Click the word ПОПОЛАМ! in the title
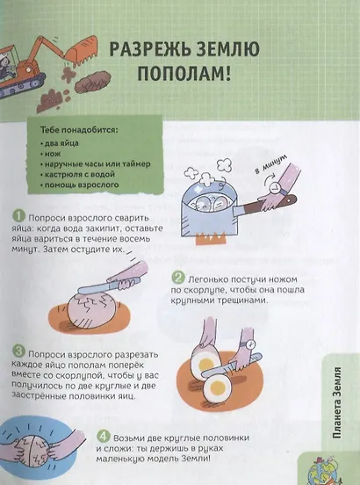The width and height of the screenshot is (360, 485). click(184, 74)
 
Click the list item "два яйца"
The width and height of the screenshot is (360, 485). click(60, 143)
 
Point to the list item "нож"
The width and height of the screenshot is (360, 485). click(50, 154)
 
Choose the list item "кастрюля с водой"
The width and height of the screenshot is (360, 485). click(77, 175)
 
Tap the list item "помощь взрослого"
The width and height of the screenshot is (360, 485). click(79, 185)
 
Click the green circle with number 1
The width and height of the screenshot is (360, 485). click(18, 216)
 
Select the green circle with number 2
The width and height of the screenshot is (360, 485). click(178, 278)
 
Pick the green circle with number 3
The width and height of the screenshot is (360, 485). click(18, 352)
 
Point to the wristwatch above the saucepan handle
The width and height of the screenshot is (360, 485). click(275, 188)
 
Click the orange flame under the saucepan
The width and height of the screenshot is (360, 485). click(209, 237)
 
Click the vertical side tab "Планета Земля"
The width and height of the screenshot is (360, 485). click(338, 402)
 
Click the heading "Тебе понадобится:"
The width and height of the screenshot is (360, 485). click(79, 130)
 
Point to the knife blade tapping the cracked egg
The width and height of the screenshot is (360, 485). click(97, 287)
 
